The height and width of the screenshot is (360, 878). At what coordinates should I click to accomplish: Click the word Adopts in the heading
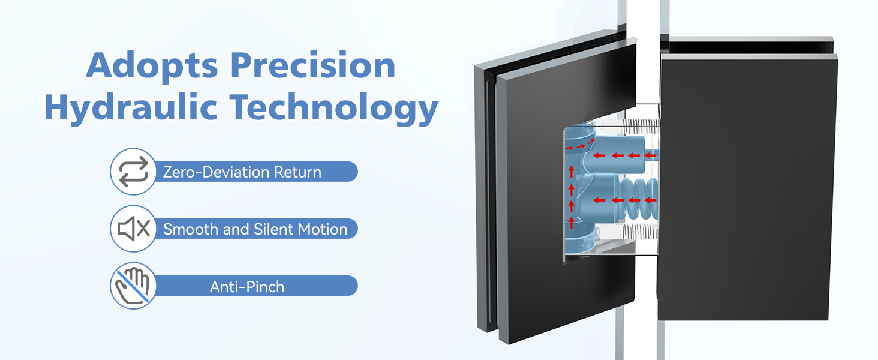click(152, 66)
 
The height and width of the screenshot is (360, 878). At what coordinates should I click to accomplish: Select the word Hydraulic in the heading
click(131, 107)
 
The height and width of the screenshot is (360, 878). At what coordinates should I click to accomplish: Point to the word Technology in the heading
click(333, 107)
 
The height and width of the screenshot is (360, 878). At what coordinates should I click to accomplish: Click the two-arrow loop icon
click(134, 172)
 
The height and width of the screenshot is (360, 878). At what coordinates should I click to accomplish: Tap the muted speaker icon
click(134, 229)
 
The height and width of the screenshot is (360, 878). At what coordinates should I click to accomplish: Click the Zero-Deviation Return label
click(242, 172)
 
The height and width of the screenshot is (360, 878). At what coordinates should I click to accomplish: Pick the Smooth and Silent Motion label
click(255, 229)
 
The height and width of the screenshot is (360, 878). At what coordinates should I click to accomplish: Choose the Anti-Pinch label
click(247, 287)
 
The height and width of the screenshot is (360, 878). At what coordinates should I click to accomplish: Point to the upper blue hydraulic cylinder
click(620, 155)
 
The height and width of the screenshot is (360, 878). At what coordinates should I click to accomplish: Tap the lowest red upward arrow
click(572, 222)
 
